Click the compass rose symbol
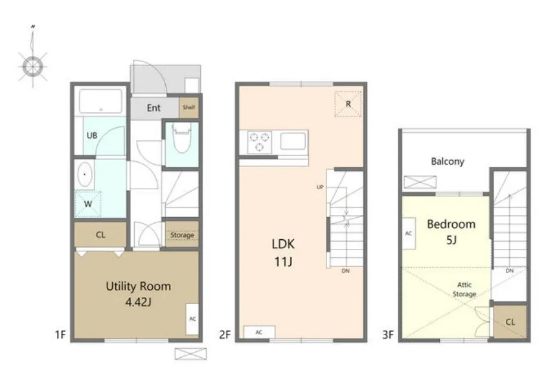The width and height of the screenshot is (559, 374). click(x=33, y=65)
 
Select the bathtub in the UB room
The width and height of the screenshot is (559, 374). click(x=100, y=101)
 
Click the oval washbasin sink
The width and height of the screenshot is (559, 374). click(x=84, y=174)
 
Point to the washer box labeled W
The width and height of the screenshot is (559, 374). click(x=87, y=204)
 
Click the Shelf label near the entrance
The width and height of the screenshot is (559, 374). click(x=188, y=107)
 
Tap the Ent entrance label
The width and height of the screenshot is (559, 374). click(x=154, y=108)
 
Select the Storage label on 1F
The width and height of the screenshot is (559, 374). click(x=182, y=235)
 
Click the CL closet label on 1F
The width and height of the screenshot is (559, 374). click(x=100, y=235)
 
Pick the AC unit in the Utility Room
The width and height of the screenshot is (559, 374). click(x=192, y=319)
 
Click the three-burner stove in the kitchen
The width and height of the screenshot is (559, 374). click(x=260, y=142)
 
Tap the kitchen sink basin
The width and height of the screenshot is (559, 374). click(x=293, y=141)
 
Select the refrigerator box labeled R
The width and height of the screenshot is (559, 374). click(x=348, y=104)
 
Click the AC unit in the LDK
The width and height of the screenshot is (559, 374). click(x=259, y=333)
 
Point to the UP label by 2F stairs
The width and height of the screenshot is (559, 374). click(x=320, y=187)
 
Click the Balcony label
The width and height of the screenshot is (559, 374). click(x=448, y=161)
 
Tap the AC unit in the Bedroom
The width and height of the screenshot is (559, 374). click(x=409, y=233)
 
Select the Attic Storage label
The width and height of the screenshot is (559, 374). click(x=464, y=290)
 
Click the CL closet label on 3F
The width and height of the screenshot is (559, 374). click(x=510, y=322)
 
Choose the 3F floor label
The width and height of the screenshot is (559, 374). click(x=388, y=334)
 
